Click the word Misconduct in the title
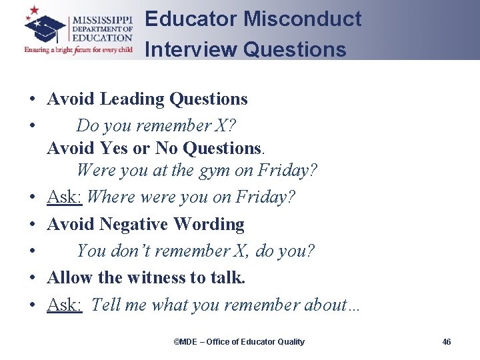click(303, 19)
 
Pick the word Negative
click(134, 225)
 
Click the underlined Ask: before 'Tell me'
click(64, 305)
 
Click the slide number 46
click(447, 342)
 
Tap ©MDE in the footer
click(185, 342)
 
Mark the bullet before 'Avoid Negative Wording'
click(32, 225)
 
